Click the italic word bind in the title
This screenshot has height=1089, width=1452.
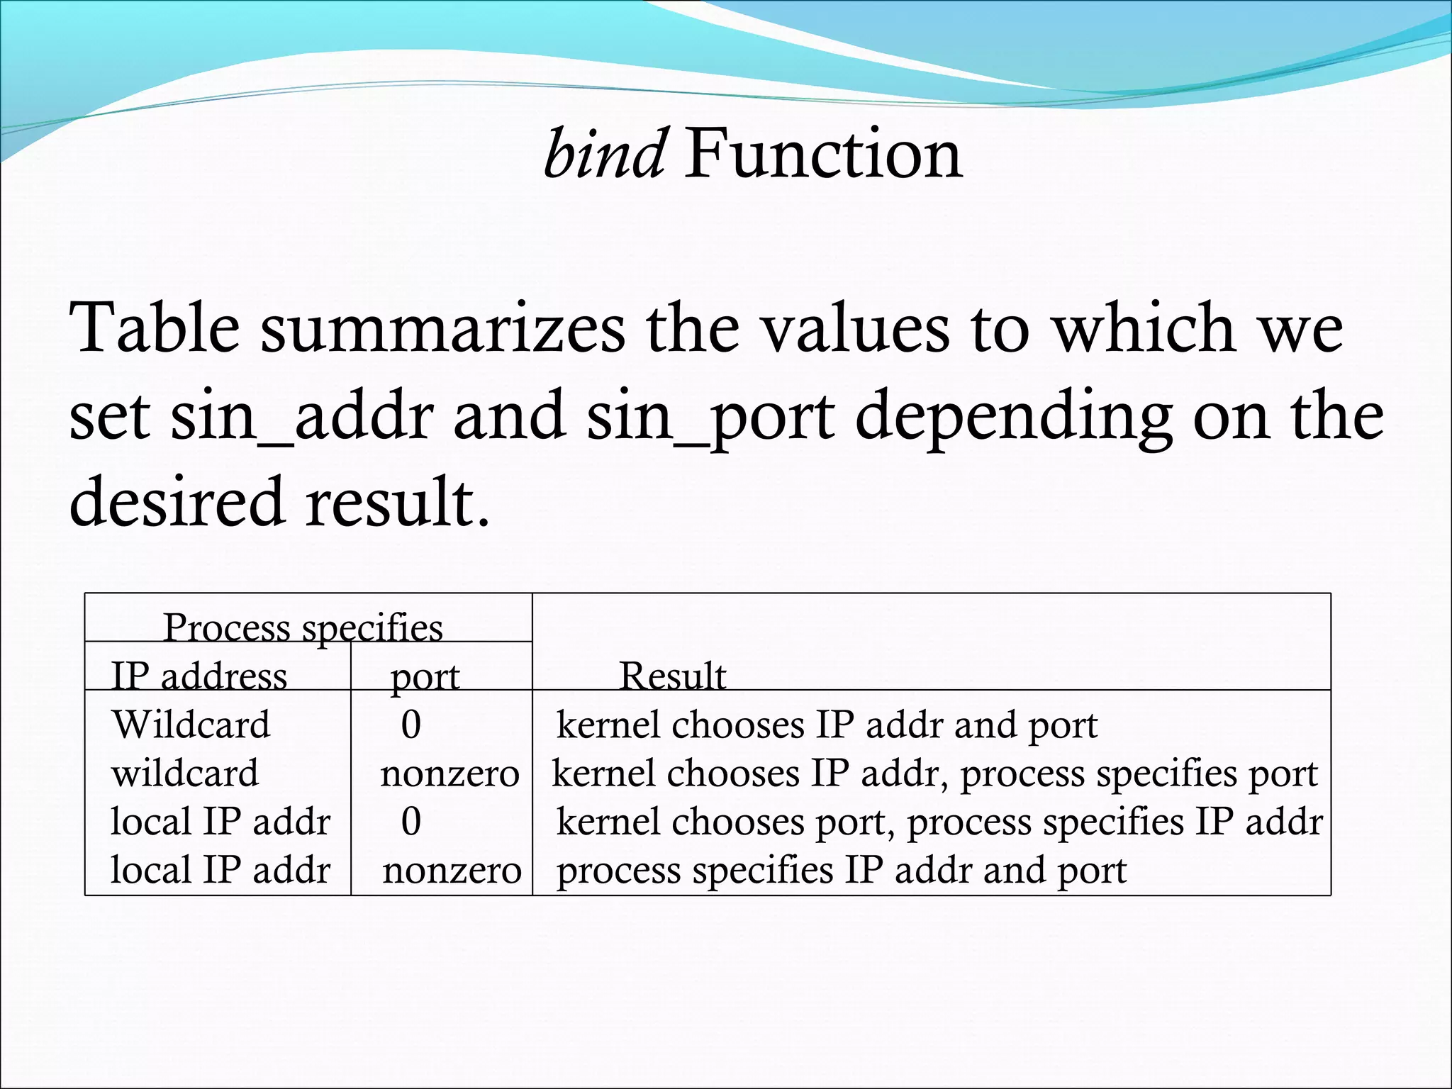point(604,154)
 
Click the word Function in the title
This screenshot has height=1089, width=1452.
point(823,154)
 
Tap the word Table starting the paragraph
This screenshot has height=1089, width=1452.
point(155,328)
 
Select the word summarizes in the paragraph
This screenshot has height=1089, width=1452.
point(443,328)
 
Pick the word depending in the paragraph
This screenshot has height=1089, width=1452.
point(1013,416)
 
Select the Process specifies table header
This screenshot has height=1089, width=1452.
point(303,627)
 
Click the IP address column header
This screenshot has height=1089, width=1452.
point(199,676)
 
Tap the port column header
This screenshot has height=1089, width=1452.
point(425,676)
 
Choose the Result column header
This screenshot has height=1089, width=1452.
point(672,676)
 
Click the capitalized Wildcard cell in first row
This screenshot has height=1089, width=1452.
point(191,725)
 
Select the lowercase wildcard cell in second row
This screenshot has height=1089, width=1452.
point(185,773)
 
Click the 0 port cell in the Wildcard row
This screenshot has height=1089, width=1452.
point(411,725)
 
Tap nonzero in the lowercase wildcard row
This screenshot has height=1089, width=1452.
point(449,773)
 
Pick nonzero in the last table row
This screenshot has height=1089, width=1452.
point(452,870)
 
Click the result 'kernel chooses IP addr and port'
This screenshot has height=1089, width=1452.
point(827,725)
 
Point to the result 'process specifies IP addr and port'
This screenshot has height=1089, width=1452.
point(841,870)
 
